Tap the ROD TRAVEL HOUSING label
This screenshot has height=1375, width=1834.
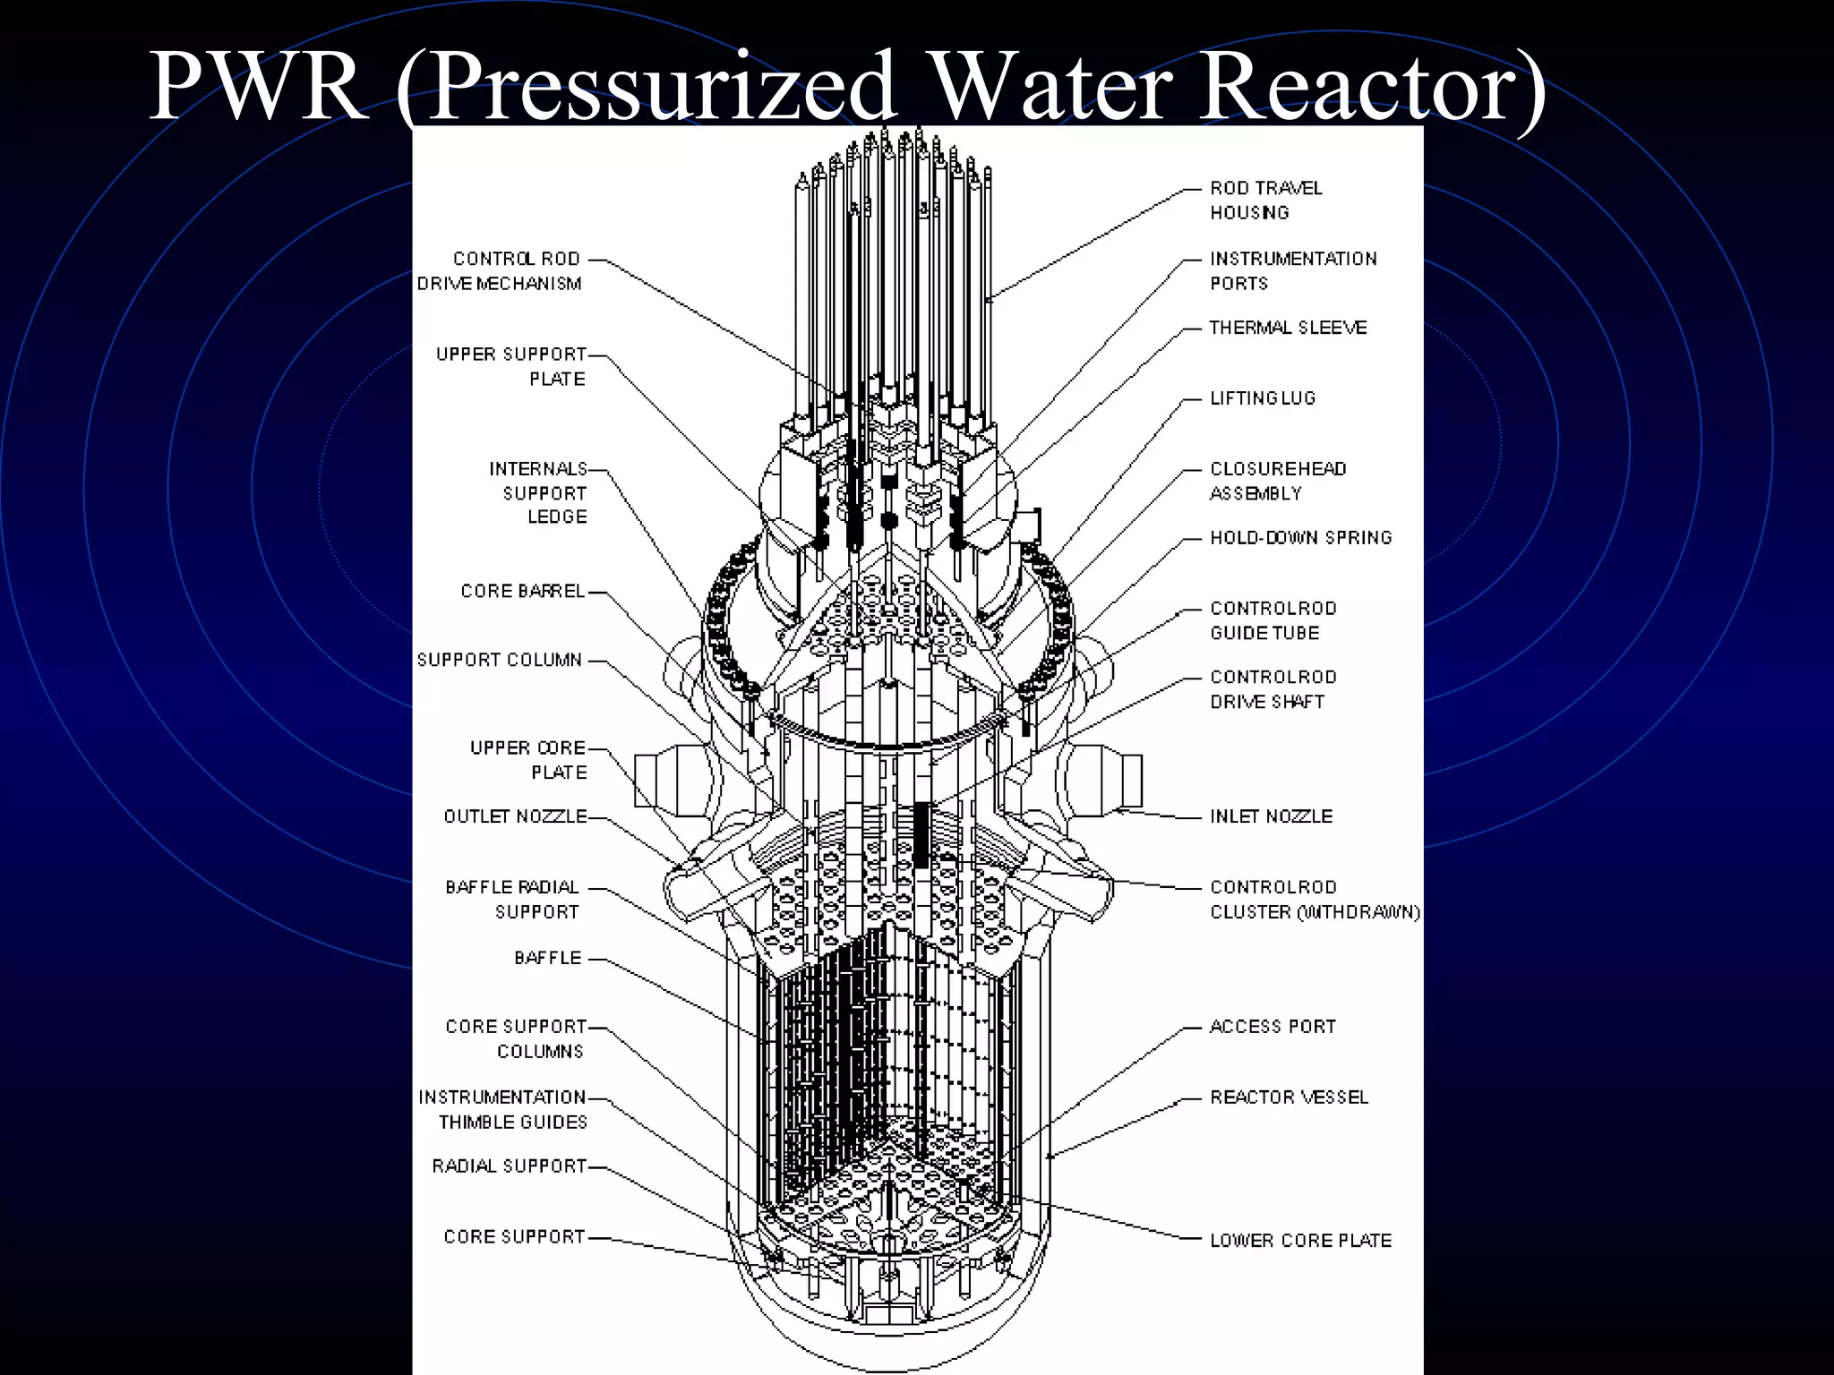[x=1265, y=201]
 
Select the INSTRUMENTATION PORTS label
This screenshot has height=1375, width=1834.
[x=1292, y=271]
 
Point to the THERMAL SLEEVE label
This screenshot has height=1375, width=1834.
[x=1288, y=329]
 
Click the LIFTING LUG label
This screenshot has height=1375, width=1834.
[x=1263, y=398]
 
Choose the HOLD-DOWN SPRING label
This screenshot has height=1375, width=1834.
[x=1300, y=538]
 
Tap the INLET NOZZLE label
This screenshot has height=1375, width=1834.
[x=1271, y=816]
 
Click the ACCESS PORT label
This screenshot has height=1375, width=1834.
[x=1273, y=1027]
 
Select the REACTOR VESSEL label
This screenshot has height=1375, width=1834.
[x=1289, y=1097]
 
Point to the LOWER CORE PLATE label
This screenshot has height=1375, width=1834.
[x=1300, y=1241]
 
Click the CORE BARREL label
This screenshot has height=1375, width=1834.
[x=522, y=592]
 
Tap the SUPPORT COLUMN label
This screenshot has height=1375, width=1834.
[x=500, y=661]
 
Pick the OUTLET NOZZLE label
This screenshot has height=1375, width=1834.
[x=516, y=816]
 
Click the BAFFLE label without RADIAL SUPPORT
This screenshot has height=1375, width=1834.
[x=548, y=958]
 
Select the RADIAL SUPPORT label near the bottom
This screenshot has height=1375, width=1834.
[x=509, y=1166]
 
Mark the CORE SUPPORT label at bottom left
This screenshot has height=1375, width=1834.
[x=514, y=1237]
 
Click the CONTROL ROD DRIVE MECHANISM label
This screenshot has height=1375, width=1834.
[x=500, y=271]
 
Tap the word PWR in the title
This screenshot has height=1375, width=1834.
[x=258, y=88]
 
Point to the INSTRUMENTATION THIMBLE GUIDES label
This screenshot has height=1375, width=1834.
[x=502, y=1110]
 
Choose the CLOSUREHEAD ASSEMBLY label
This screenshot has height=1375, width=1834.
[x=1278, y=481]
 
